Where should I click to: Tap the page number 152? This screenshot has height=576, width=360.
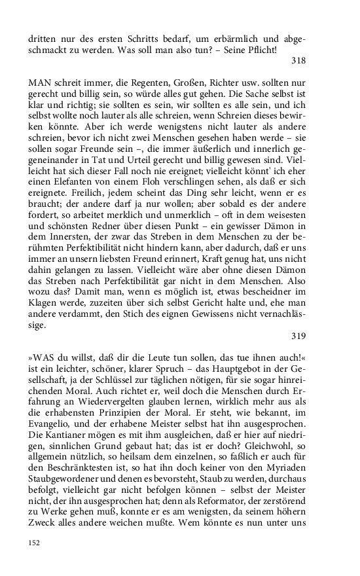(35, 542)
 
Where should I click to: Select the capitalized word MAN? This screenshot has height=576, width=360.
(40, 83)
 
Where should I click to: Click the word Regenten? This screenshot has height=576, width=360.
(139, 83)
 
